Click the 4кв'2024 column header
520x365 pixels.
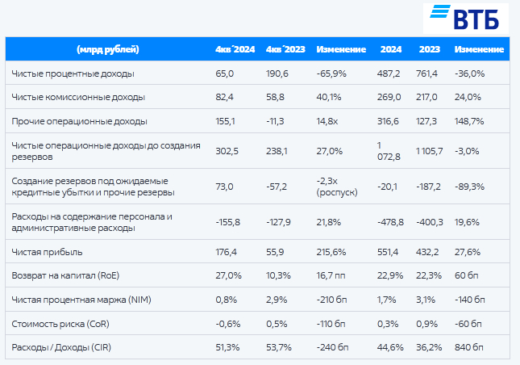(235, 50)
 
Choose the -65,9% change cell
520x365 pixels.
(331, 73)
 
